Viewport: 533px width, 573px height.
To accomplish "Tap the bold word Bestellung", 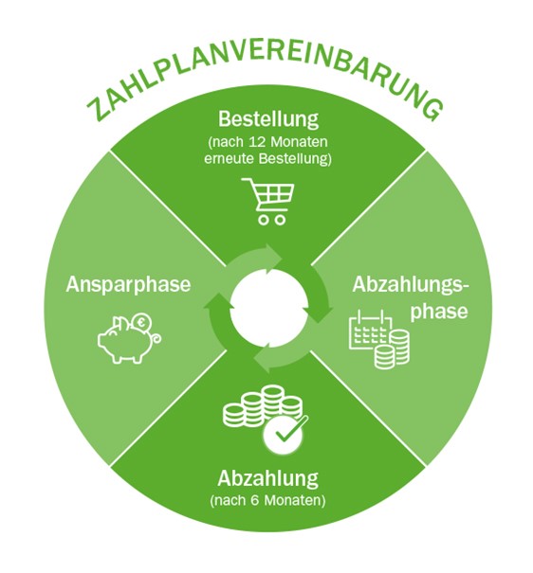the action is (268, 119).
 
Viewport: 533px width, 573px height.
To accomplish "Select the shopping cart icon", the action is (267, 201).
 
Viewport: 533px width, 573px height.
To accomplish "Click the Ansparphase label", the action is (128, 285).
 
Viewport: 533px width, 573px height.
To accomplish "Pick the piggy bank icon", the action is (130, 339).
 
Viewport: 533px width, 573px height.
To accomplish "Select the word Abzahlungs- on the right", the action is (410, 285).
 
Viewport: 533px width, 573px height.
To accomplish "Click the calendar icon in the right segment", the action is (370, 331).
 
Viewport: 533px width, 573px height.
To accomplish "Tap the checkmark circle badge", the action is (284, 435).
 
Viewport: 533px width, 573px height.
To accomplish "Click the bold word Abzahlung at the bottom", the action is (268, 478).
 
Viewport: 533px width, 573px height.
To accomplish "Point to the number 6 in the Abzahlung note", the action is (256, 500).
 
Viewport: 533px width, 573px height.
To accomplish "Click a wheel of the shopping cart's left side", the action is (263, 221).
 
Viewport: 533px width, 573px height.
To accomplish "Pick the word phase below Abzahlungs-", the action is (439, 313).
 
